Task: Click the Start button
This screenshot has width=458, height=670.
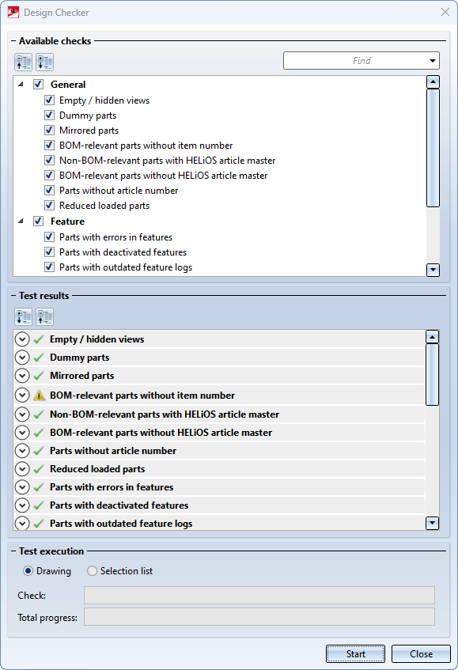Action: [355, 653]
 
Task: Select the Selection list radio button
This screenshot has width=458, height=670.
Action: [92, 571]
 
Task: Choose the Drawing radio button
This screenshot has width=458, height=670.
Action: [28, 571]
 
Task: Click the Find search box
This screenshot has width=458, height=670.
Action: [355, 61]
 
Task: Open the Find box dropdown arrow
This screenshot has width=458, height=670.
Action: [433, 61]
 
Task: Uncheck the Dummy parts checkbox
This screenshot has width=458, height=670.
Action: [50, 115]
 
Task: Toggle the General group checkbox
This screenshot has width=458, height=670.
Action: [39, 84]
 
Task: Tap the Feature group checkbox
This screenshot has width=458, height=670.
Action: [39, 221]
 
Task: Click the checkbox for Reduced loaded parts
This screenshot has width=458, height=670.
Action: [50, 205]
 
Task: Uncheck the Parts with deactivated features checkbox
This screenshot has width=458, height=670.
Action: [50, 252]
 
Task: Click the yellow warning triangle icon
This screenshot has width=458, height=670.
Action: [40, 396]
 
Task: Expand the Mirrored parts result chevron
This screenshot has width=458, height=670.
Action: [22, 376]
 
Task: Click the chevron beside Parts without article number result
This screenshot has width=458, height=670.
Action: [22, 451]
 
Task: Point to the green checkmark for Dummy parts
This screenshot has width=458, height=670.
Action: [39, 358]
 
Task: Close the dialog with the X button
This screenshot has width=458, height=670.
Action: [445, 12]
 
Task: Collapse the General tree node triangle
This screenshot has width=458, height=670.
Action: [21, 84]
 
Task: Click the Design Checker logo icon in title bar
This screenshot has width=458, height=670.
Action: [13, 12]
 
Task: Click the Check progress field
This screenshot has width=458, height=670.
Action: [259, 595]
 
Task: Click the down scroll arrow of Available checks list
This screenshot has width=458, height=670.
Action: [433, 270]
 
